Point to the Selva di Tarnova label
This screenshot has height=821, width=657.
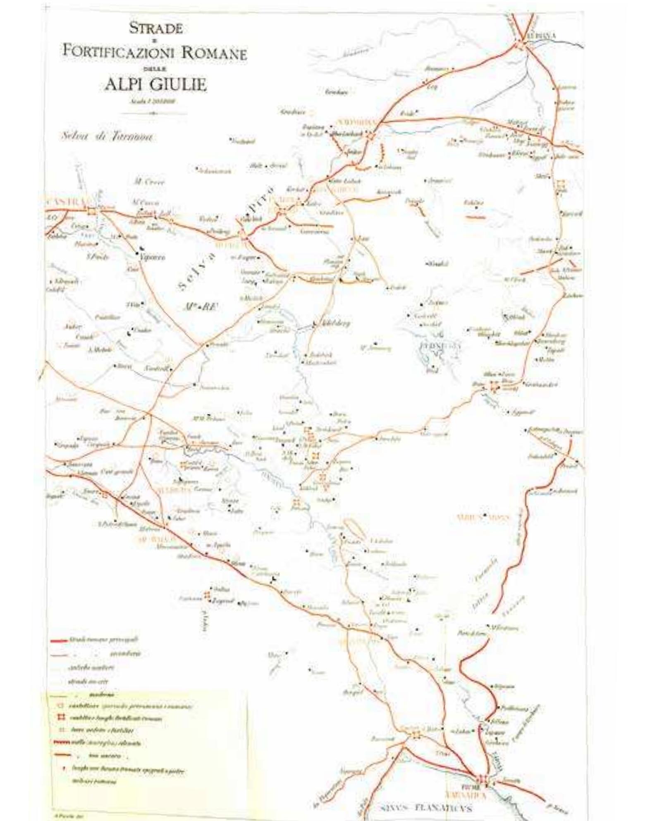click(x=106, y=136)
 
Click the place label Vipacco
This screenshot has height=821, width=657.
click(x=152, y=257)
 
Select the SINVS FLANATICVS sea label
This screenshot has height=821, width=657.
click(x=426, y=807)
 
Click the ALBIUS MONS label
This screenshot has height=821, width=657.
click(x=483, y=517)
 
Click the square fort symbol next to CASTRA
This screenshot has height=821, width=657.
click(x=91, y=211)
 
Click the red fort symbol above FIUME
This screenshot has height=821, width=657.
click(x=482, y=778)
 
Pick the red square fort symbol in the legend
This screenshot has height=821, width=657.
click(x=63, y=718)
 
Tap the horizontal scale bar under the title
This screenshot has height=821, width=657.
click(x=153, y=113)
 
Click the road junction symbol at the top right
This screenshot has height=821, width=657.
click(x=519, y=44)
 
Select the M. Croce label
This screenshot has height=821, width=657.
click(x=149, y=182)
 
